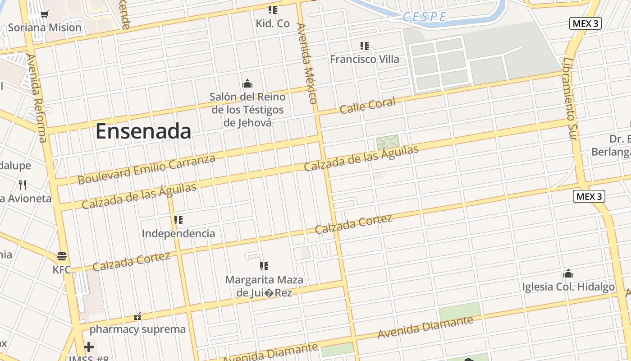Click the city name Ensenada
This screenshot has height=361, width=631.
point(143,131)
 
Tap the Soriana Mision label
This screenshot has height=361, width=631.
point(45,28)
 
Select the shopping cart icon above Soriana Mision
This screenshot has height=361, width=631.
point(44,14)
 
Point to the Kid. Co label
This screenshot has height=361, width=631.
point(273,23)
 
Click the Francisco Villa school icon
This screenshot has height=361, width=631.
point(365,46)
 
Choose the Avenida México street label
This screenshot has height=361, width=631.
point(307,63)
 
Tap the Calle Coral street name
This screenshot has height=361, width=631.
point(367,106)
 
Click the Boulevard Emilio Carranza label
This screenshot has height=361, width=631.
point(146,169)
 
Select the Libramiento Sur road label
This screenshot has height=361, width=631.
point(570,99)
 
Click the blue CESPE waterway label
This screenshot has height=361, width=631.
point(424,17)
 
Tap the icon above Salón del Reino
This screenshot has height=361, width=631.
point(247,84)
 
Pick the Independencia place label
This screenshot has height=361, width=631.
point(178,233)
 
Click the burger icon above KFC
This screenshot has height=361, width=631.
point(62,256)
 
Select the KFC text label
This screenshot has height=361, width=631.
point(62,270)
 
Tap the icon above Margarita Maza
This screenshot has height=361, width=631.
point(264,266)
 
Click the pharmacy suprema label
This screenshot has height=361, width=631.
point(137,329)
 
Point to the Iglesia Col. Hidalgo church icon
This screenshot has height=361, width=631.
point(568,273)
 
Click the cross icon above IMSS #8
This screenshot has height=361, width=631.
point(89,347)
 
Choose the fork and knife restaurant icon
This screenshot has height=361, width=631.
point(23,185)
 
